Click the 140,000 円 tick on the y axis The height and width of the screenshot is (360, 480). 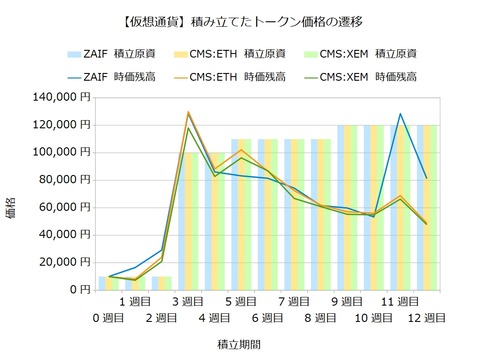pos(62,97)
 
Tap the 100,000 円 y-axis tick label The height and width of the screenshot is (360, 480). pos(62,152)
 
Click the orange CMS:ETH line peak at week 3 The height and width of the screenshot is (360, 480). pos(188,112)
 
